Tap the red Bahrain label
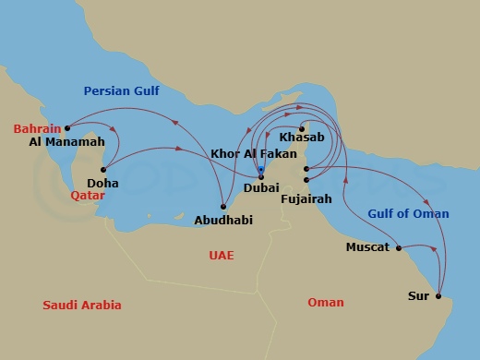[37, 128]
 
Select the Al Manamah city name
[66, 143]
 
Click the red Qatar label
[88, 196]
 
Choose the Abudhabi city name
[223, 220]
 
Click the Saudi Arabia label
[82, 306]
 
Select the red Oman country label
[326, 303]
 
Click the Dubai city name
[261, 188]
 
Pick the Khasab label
[301, 137]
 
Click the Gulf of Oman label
[408, 214]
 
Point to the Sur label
[417, 296]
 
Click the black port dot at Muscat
[398, 247]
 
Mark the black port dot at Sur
[438, 296]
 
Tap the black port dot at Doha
[103, 169]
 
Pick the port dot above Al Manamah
[67, 128]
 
